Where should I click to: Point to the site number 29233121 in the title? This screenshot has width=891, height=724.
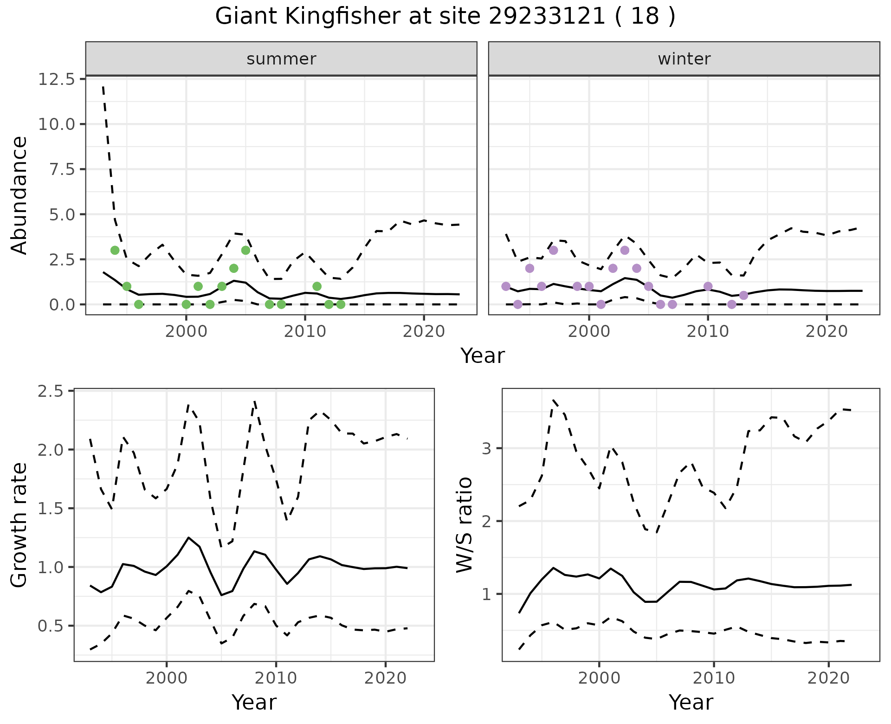(547, 17)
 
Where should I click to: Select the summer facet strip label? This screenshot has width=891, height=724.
(281, 59)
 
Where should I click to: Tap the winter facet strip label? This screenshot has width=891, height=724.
(684, 59)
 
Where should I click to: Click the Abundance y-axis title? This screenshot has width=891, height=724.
(19, 195)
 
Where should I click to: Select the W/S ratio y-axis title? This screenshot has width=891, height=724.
(464, 525)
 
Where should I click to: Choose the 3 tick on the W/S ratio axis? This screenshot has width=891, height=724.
(486, 448)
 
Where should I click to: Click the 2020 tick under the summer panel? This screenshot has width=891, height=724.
(424, 332)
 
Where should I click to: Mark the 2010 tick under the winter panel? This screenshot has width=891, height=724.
(708, 332)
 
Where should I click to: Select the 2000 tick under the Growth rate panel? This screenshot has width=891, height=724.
(167, 678)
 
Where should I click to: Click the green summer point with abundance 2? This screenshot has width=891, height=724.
(234, 268)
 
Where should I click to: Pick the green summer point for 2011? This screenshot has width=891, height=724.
(317, 286)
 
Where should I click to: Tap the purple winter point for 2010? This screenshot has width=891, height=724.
(708, 286)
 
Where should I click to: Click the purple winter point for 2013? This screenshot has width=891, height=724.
(743, 295)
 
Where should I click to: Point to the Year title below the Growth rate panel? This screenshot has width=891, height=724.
(254, 702)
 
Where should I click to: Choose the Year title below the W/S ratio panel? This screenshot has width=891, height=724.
(691, 702)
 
